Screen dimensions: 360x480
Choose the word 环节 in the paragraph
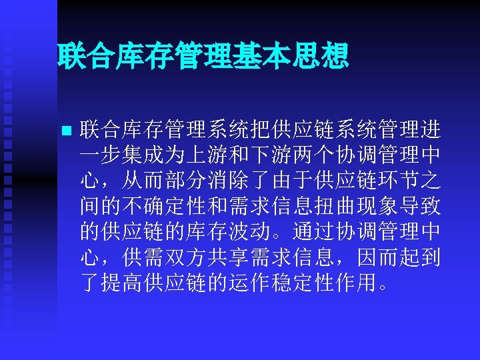point(395,181)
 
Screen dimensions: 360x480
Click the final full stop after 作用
point(382,288)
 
